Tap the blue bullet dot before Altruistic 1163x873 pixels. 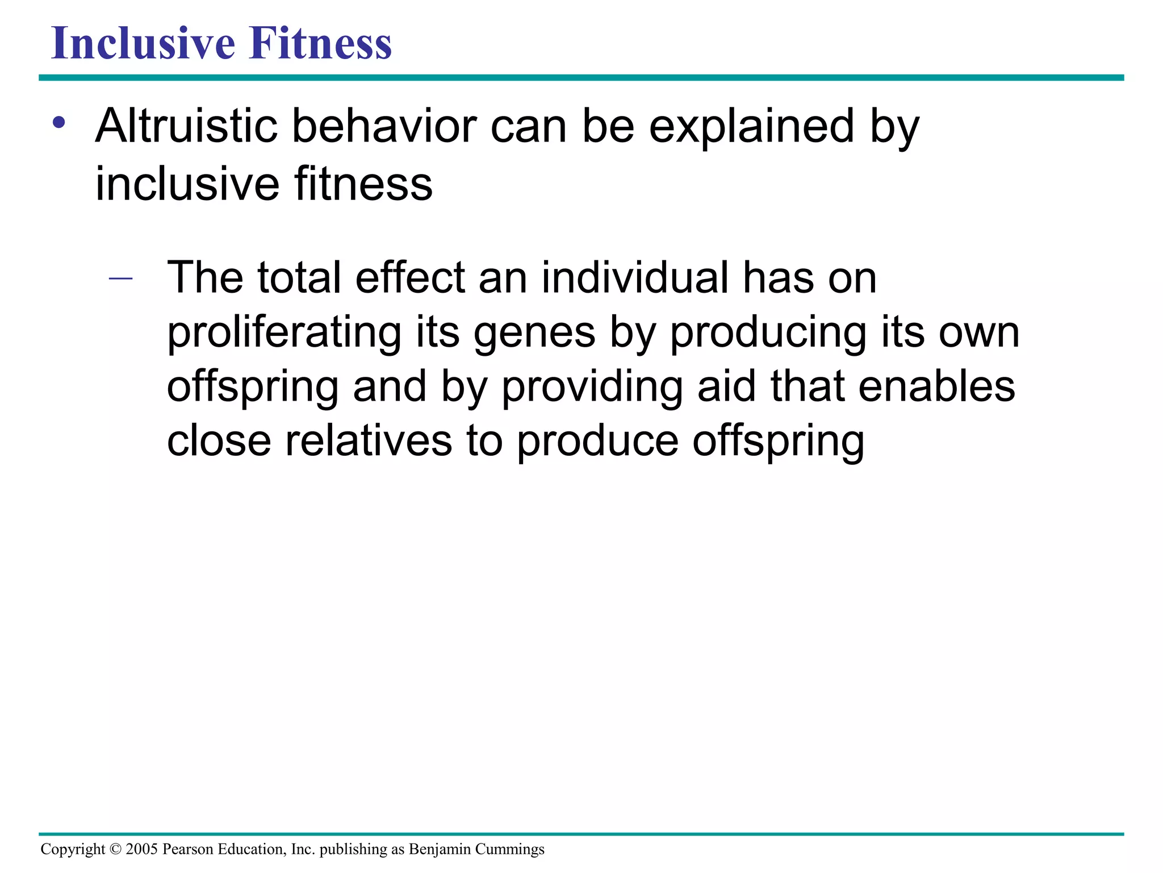(59, 123)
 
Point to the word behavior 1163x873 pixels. (384, 126)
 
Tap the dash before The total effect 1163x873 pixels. (120, 278)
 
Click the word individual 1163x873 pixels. (635, 278)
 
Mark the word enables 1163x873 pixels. (936, 387)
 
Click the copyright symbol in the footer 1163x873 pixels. (115, 850)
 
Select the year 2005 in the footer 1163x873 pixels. (141, 850)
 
